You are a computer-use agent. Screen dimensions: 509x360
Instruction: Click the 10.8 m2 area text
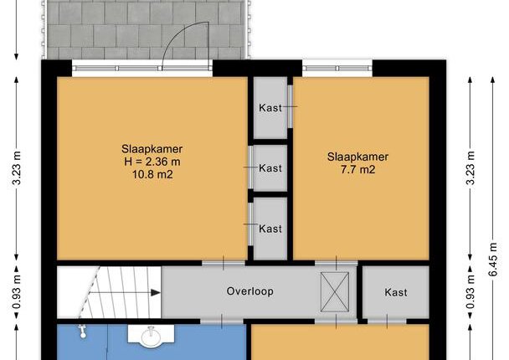pyautogui.click(x=152, y=175)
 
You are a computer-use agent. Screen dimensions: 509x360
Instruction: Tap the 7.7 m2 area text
pyautogui.click(x=357, y=169)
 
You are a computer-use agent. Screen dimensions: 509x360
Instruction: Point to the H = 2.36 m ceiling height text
pyautogui.click(x=152, y=162)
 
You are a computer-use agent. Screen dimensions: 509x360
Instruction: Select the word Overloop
pyautogui.click(x=250, y=291)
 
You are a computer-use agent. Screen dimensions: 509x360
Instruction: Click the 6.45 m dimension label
pyautogui.click(x=493, y=260)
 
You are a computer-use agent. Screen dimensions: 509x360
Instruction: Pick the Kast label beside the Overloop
pyautogui.click(x=396, y=292)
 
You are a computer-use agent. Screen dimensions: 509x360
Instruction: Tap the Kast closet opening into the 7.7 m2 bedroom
pyautogui.click(x=270, y=107)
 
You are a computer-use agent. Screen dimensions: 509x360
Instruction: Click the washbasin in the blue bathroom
pyautogui.click(x=151, y=335)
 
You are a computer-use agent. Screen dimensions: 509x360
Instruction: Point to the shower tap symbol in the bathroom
pyautogui.click(x=82, y=332)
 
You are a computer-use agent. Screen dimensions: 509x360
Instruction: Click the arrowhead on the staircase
pyautogui.click(x=156, y=293)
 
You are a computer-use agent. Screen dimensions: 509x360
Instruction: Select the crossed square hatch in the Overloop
pyautogui.click(x=335, y=292)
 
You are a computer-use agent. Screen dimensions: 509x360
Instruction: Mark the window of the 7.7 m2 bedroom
pyautogui.click(x=337, y=68)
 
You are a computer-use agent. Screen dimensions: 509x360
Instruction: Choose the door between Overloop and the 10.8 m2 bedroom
pyautogui.click(x=224, y=263)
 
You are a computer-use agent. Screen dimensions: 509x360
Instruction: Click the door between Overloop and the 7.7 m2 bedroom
pyautogui.click(x=336, y=263)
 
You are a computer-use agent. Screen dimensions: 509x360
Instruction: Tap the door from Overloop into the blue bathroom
pyautogui.click(x=222, y=321)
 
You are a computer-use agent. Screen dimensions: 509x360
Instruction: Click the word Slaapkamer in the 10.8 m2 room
pyautogui.click(x=152, y=149)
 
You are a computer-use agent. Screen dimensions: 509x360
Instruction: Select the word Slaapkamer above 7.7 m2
pyautogui.click(x=357, y=157)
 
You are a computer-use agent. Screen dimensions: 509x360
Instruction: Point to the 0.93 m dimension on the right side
pyautogui.click(x=470, y=292)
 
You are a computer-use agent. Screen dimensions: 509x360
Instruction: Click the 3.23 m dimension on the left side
pyautogui.click(x=16, y=167)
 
